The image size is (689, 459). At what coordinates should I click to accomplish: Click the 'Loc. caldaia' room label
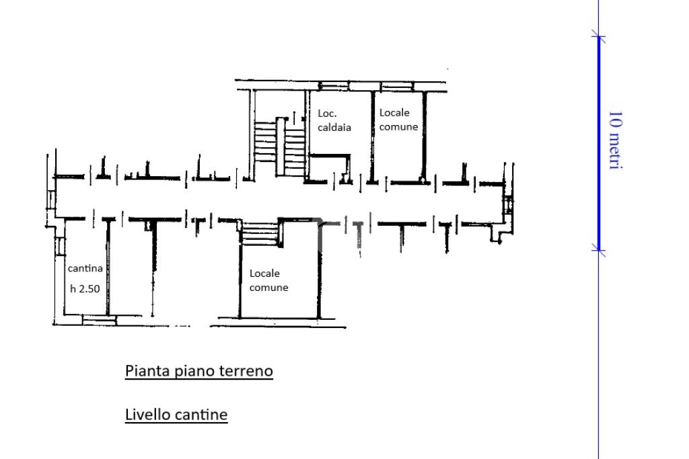(334, 120)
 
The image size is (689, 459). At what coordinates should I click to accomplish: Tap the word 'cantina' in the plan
(85, 268)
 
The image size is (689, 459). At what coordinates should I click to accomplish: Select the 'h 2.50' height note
(85, 288)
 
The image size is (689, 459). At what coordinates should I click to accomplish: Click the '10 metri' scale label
(616, 140)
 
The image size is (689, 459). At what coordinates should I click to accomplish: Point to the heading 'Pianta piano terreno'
(199, 371)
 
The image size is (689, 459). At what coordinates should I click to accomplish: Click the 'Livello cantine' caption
(176, 414)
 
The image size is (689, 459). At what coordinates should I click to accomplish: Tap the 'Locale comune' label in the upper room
(398, 120)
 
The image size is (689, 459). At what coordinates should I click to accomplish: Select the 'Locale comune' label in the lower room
(268, 280)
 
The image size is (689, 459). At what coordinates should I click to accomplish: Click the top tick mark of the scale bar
(598, 36)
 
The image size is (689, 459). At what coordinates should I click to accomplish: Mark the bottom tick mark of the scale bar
(598, 251)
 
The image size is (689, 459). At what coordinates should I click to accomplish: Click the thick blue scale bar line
(598, 144)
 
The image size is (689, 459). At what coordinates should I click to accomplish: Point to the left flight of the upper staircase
(265, 142)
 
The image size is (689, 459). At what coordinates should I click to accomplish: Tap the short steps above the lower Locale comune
(260, 233)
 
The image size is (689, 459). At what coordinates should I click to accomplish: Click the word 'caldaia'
(334, 127)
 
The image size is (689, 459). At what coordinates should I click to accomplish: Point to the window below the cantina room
(100, 320)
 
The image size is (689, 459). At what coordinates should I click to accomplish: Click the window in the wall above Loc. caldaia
(334, 85)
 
